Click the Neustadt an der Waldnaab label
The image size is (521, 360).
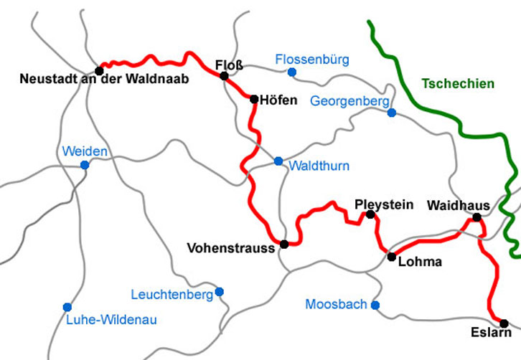(x=105, y=80)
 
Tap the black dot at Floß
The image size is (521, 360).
(x=224, y=76)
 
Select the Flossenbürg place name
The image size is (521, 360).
(x=312, y=60)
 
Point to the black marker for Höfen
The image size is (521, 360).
(x=254, y=99)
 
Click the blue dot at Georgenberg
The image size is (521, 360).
(x=391, y=113)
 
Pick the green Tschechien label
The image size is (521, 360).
(x=458, y=84)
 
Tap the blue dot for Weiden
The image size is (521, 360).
(x=85, y=165)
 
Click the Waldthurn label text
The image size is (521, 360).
(x=319, y=166)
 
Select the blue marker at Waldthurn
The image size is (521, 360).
(x=278, y=161)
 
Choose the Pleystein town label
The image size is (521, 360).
(x=385, y=204)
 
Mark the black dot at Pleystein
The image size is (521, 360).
(x=370, y=214)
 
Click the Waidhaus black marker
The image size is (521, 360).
(x=477, y=217)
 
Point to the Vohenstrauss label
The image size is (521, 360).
(x=231, y=248)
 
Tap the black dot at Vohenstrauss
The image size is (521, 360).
(x=284, y=245)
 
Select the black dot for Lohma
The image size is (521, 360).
(x=391, y=256)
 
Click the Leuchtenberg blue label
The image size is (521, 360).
(x=172, y=295)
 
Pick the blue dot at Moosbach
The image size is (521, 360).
(x=375, y=305)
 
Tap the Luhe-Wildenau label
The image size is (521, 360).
(x=111, y=320)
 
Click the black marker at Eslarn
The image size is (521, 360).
(x=504, y=323)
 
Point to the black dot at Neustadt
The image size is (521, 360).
(x=99, y=70)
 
